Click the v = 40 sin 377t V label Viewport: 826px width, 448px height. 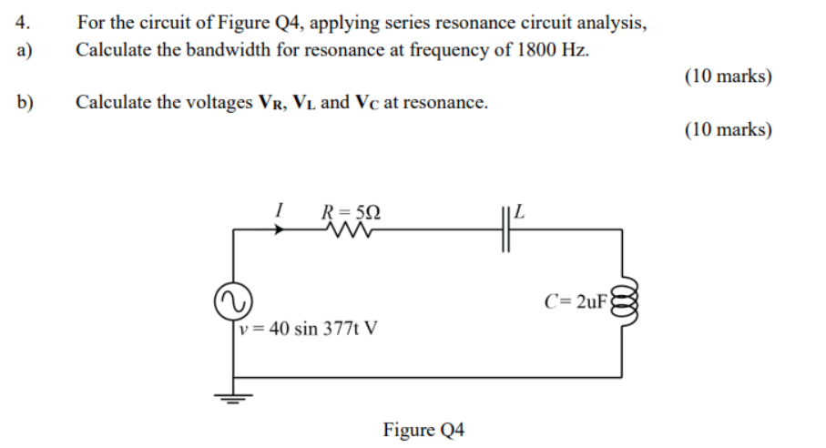(x=307, y=328)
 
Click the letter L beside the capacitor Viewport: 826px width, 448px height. (x=521, y=214)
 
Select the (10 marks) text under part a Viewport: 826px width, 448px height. (x=728, y=76)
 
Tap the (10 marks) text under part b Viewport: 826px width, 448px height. (x=728, y=130)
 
